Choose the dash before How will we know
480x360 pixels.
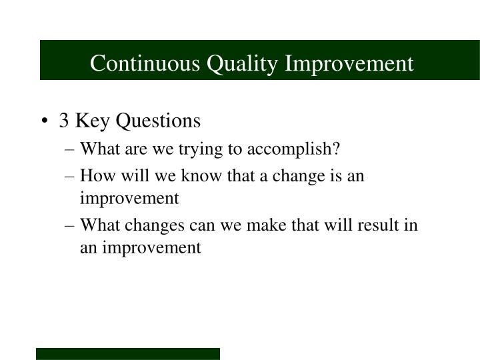(71, 175)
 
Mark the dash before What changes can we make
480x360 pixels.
(71, 225)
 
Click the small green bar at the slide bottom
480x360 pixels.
(128, 353)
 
